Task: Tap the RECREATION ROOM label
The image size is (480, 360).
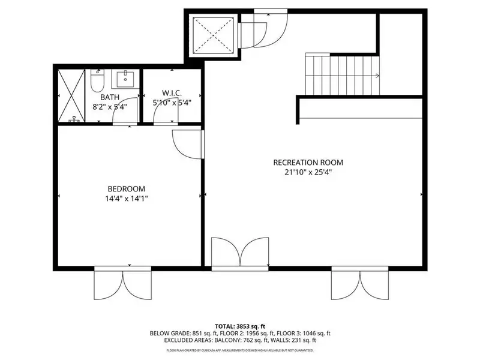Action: [308, 163]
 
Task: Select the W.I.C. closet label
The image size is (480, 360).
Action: [172, 94]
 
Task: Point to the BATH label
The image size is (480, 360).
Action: [110, 97]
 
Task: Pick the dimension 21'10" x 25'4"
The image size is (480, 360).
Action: [308, 172]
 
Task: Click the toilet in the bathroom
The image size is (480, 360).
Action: [97, 80]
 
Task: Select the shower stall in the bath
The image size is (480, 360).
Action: [71, 95]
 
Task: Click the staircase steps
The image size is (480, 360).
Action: [342, 74]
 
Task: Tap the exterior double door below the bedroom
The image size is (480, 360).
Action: [122, 284]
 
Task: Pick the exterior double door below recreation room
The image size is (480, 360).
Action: [360, 284]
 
